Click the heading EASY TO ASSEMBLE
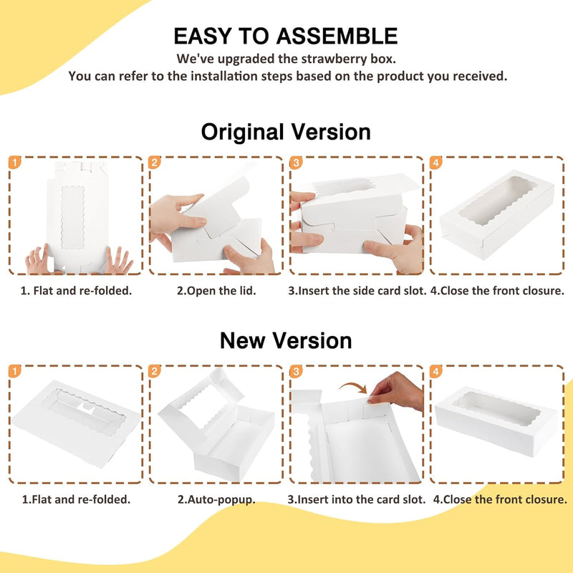pyautogui.click(x=285, y=37)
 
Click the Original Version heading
pyautogui.click(x=286, y=132)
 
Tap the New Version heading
pyautogui.click(x=286, y=341)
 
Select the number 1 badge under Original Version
pyautogui.click(x=14, y=163)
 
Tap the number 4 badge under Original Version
pyautogui.click(x=435, y=163)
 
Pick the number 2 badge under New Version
pyautogui.click(x=155, y=371)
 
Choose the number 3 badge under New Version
pyautogui.click(x=296, y=371)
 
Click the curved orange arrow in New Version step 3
pyautogui.click(x=353, y=386)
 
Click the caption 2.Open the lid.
pyautogui.click(x=216, y=291)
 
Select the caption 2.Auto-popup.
pyautogui.click(x=216, y=499)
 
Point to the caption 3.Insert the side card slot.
pyautogui.click(x=357, y=291)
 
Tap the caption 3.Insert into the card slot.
pyautogui.click(x=356, y=499)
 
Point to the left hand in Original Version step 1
pyautogui.click(x=39, y=260)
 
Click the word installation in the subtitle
pyautogui.click(x=224, y=76)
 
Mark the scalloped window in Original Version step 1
pyautogui.click(x=73, y=218)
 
